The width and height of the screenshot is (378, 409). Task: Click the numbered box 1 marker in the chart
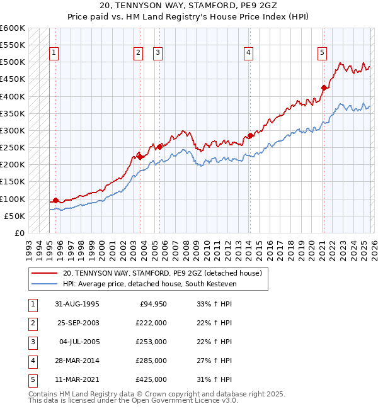point(55,53)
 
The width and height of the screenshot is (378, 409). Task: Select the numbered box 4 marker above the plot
point(249,53)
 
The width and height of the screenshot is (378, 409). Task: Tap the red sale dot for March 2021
point(324,88)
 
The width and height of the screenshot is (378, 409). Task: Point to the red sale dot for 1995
point(55,200)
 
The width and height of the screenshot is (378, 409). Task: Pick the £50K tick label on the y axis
point(14,216)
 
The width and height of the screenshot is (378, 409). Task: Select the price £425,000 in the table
point(152,379)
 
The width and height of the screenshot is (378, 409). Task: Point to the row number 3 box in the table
point(31,342)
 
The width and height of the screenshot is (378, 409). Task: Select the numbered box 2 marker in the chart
point(138,53)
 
